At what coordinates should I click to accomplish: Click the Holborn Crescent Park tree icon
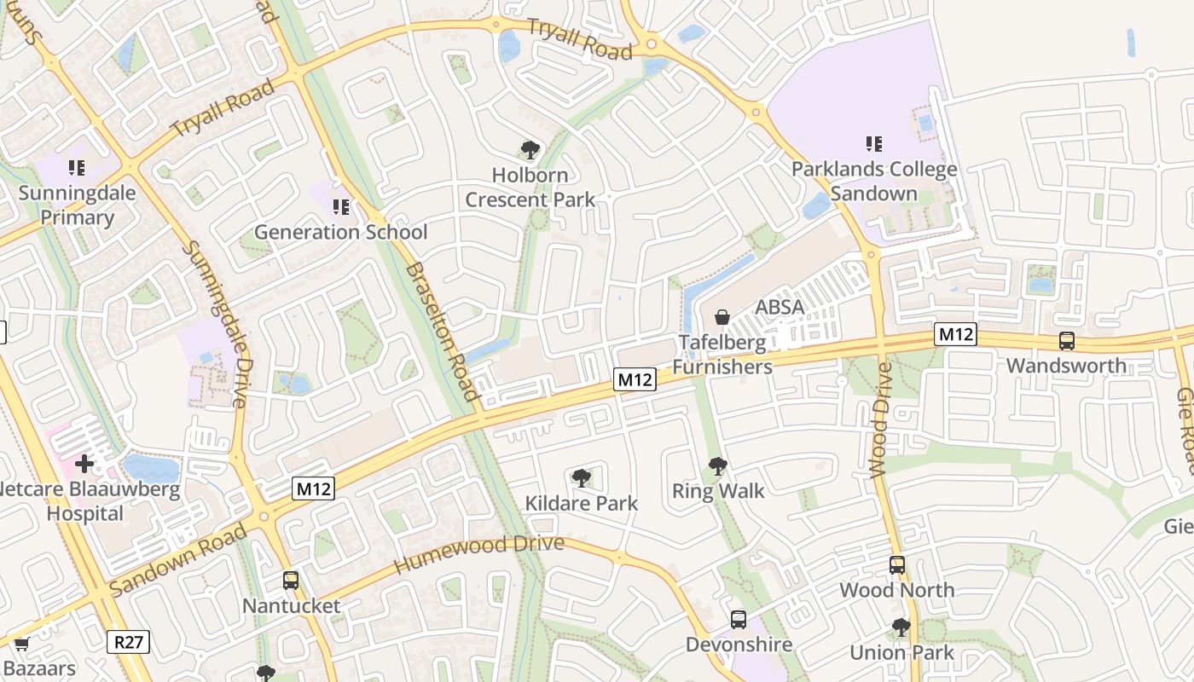(x=530, y=151)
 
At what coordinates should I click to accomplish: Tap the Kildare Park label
(x=582, y=503)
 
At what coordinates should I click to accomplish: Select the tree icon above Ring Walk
(x=718, y=466)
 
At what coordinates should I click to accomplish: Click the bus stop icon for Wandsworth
(x=1066, y=341)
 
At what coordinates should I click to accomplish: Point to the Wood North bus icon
(x=897, y=564)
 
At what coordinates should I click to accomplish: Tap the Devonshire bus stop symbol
(x=739, y=620)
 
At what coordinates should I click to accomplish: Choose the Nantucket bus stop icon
(x=291, y=581)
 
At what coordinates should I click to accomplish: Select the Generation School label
(x=341, y=232)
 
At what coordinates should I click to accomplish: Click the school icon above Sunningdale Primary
(x=77, y=168)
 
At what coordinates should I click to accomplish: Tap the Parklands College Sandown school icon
(x=873, y=144)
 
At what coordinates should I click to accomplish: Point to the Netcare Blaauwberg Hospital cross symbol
(x=84, y=465)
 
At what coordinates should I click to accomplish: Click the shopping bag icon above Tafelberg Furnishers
(x=722, y=318)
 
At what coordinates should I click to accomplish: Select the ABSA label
(x=780, y=307)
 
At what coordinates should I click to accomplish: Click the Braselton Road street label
(x=442, y=331)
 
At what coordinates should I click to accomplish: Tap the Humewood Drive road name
(x=478, y=554)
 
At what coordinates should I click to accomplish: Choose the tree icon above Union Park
(x=901, y=628)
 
